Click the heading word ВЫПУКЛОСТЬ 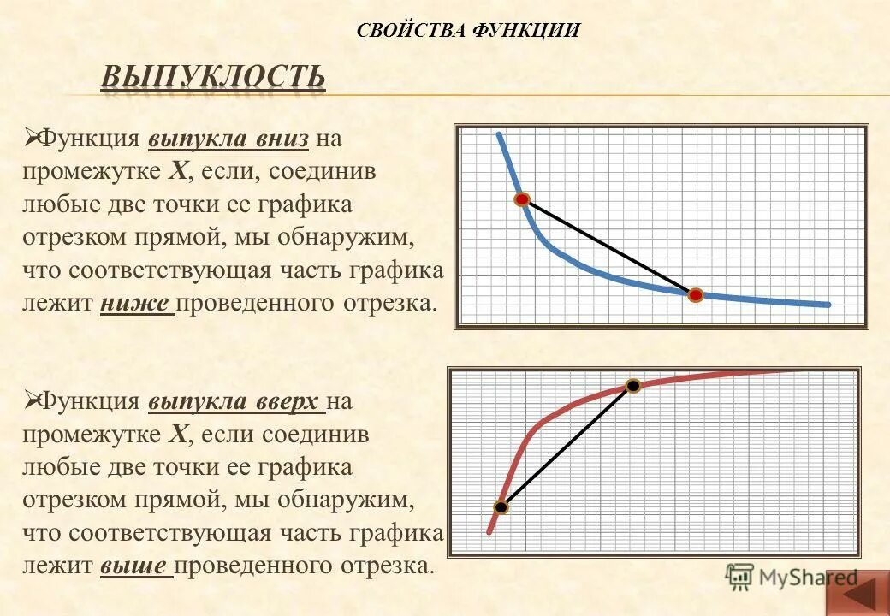click(x=213, y=77)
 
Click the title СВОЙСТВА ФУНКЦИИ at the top click(x=468, y=31)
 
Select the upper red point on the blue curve click(x=522, y=199)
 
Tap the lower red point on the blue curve click(x=696, y=295)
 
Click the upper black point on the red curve click(x=632, y=386)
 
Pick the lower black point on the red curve click(x=501, y=506)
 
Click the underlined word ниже click(x=137, y=304)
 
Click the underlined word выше click(x=136, y=566)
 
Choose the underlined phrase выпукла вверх click(x=234, y=401)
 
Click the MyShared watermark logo click(x=791, y=577)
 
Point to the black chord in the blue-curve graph click(x=609, y=247)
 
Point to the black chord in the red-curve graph click(x=567, y=446)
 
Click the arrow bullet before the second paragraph click(x=31, y=400)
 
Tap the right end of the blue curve click(x=827, y=305)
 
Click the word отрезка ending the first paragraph click(x=388, y=304)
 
